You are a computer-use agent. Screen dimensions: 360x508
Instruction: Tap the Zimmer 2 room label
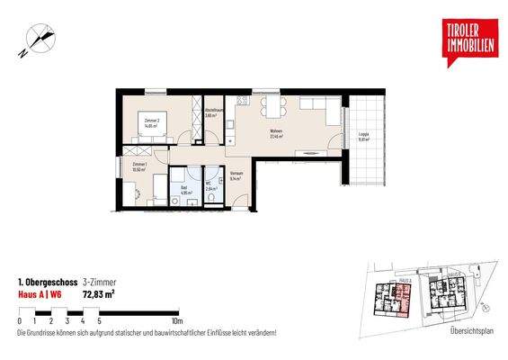pos(152,122)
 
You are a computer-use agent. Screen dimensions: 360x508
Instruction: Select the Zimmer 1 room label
pos(139,167)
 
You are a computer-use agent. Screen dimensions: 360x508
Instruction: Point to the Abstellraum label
pos(211,113)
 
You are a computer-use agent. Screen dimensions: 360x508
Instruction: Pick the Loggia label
pos(364,136)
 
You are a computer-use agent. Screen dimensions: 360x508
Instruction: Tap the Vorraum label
pos(237,176)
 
